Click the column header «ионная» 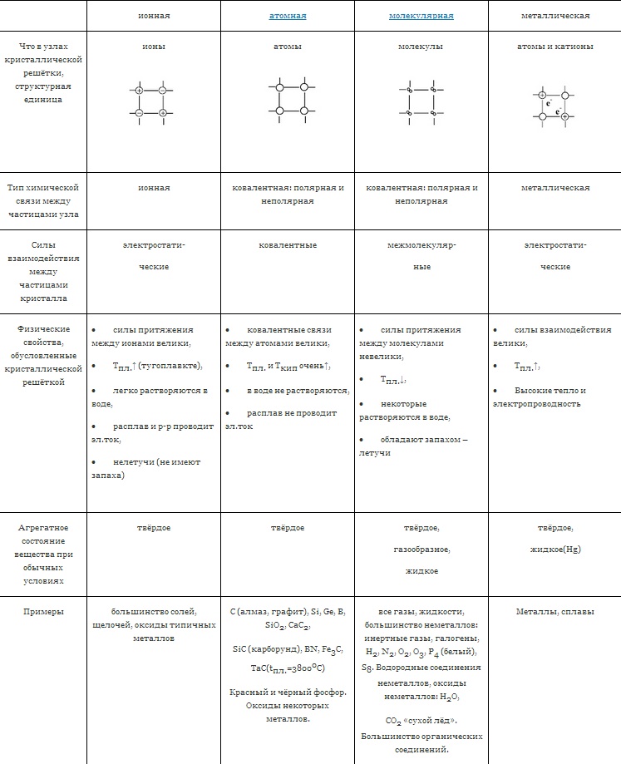(x=153, y=16)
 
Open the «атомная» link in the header (x=288, y=16)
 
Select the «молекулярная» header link (x=421, y=16)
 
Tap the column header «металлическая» (x=554, y=16)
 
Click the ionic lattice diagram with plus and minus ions (x=151, y=101)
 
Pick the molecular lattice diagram (x=421, y=101)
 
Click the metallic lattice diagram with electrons (x=553, y=106)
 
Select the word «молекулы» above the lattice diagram (x=421, y=47)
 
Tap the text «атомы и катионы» (x=554, y=47)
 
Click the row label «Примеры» (x=43, y=612)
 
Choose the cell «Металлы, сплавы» (x=554, y=612)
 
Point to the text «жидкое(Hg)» (x=555, y=550)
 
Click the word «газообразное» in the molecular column (x=421, y=550)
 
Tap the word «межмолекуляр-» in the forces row (x=421, y=245)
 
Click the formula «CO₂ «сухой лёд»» (x=421, y=720)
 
